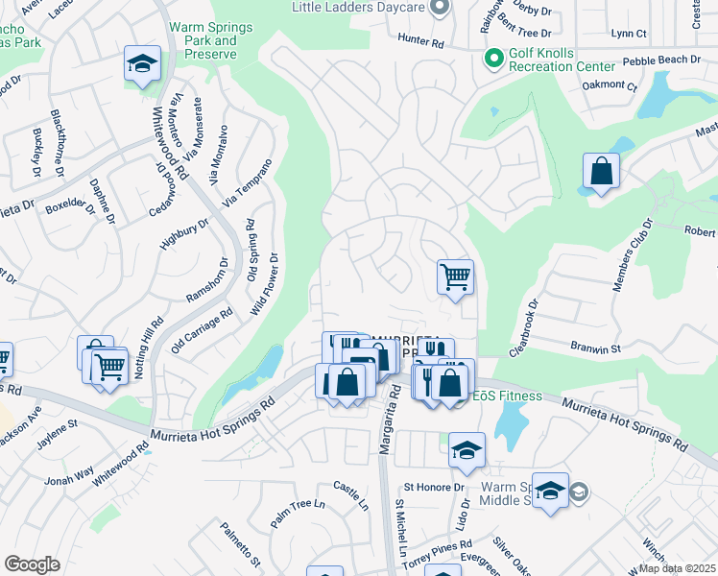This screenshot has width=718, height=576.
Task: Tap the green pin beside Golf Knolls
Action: point(494,60)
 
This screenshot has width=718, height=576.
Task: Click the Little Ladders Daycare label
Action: point(357,8)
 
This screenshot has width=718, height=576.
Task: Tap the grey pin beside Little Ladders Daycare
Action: point(440,8)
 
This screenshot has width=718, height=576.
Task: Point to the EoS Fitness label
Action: point(506,396)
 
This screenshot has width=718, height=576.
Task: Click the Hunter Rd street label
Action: point(422,43)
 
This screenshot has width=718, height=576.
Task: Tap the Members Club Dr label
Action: point(633,254)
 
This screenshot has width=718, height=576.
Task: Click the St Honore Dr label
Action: point(434,488)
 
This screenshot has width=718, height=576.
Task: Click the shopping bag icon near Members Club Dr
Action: point(601,172)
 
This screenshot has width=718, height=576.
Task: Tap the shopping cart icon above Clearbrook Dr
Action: point(455,276)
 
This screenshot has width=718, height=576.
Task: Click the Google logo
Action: point(32,564)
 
